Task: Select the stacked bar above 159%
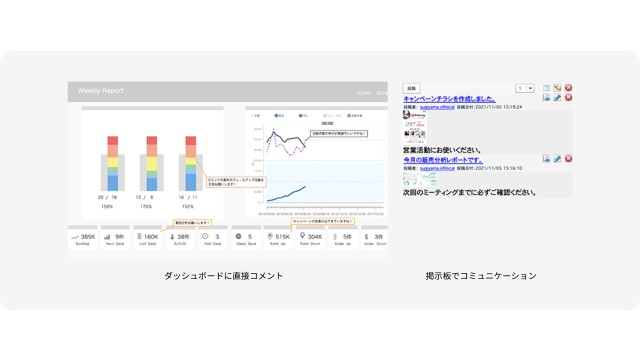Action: (113, 163)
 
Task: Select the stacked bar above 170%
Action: (150, 163)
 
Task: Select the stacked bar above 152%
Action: (187, 163)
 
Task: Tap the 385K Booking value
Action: (87, 237)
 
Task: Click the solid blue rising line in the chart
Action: (290, 192)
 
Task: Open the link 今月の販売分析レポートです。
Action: (443, 160)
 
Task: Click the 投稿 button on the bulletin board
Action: (412, 88)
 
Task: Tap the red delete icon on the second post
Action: (568, 159)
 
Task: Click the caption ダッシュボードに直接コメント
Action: (224, 275)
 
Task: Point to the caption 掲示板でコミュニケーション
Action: (481, 275)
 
